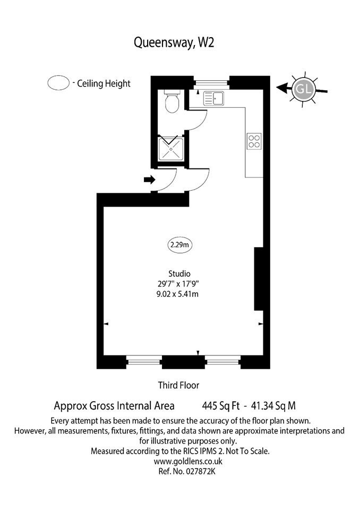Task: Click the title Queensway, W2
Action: (x=174, y=42)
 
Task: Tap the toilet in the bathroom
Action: (x=172, y=101)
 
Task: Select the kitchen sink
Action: (x=213, y=98)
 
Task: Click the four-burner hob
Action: (x=254, y=141)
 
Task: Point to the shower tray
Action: (x=171, y=149)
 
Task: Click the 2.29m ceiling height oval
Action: (x=180, y=244)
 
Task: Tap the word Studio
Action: (x=179, y=274)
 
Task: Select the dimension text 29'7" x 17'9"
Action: (x=178, y=284)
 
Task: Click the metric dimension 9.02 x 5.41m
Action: (x=177, y=294)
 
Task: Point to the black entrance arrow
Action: (x=150, y=179)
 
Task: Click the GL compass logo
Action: (x=304, y=89)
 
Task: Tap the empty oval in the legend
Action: (x=58, y=83)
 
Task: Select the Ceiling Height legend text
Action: (x=104, y=83)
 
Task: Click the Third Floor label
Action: (x=178, y=386)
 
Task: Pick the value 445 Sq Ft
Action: (x=221, y=406)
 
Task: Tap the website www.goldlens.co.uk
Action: (x=188, y=461)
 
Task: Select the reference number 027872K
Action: (x=200, y=471)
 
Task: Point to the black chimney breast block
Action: (x=259, y=279)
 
